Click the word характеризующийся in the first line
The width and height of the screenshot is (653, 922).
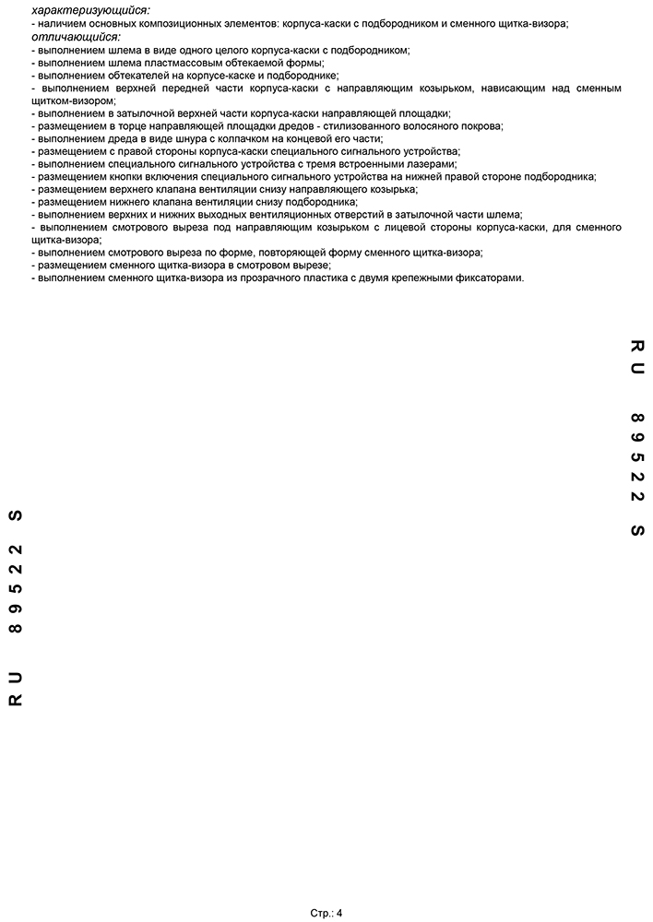coord(90,10)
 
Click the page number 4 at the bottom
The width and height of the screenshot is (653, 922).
coord(338,913)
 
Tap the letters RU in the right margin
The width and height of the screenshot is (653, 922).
coord(636,359)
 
